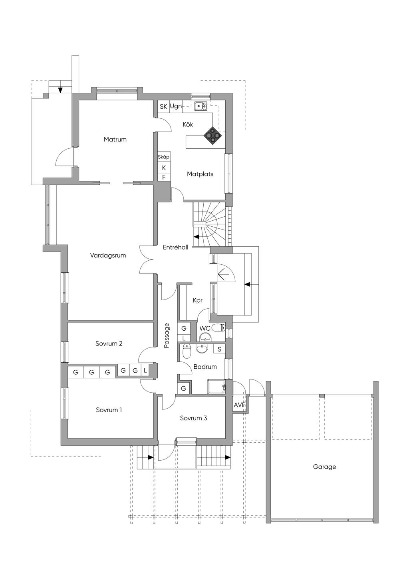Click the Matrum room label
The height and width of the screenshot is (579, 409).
[115, 140]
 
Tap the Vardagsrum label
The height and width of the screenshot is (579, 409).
[108, 255]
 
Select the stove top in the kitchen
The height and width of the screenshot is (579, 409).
[212, 136]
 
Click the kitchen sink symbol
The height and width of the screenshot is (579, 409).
[201, 106]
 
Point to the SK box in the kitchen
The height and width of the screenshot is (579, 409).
[163, 107]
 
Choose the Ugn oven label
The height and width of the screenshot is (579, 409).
[176, 106]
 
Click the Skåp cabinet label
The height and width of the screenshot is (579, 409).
[164, 157]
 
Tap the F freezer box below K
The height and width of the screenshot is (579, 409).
[164, 177]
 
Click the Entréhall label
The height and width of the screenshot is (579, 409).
[175, 248]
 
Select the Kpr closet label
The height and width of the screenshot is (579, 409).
[197, 300]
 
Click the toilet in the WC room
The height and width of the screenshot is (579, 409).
[218, 328]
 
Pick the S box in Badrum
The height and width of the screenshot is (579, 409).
[219, 349]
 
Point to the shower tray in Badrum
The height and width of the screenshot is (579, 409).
[216, 387]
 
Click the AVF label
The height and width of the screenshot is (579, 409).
[239, 405]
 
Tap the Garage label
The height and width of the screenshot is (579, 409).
[324, 467]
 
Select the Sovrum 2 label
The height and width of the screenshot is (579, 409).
[109, 343]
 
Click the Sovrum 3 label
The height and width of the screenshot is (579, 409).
[193, 418]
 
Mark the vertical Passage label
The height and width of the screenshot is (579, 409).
[167, 335]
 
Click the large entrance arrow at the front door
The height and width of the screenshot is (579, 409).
[226, 274]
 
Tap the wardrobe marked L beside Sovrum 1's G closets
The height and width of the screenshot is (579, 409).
[145, 371]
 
